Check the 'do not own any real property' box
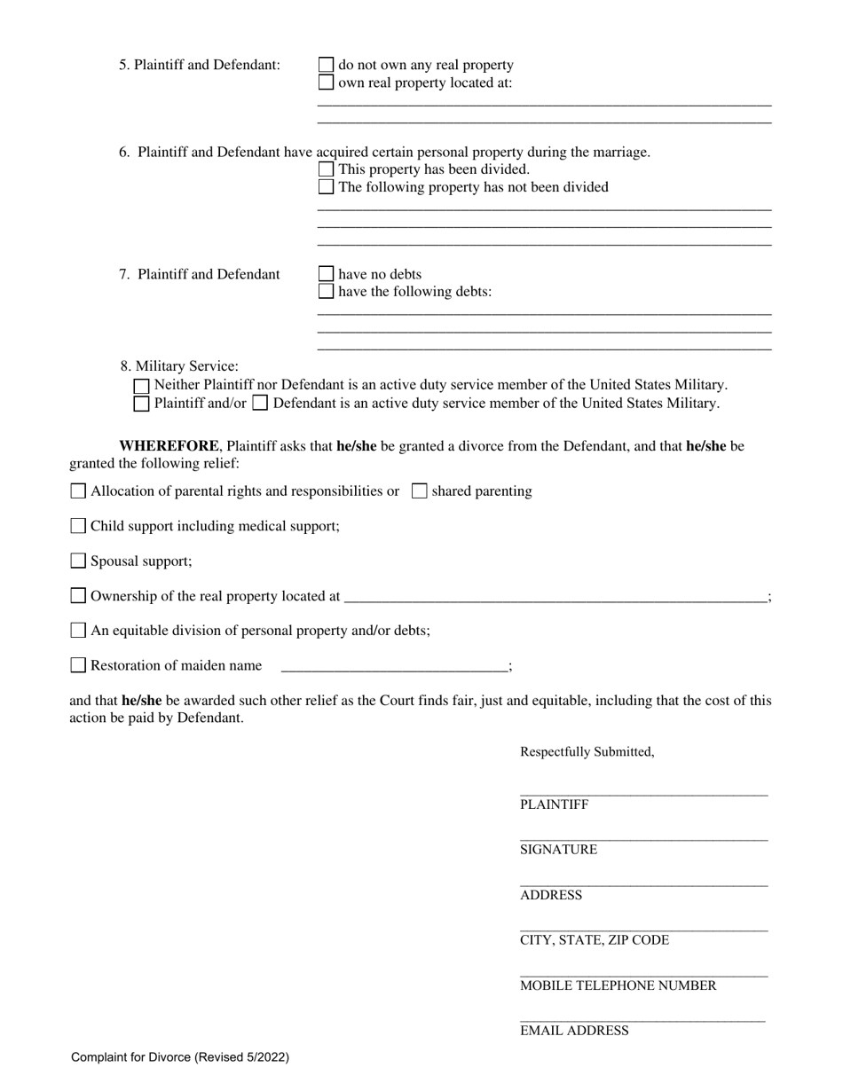point(326,65)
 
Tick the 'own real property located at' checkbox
point(326,82)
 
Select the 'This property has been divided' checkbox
point(326,169)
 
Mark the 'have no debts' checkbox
point(326,274)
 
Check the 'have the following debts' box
point(326,291)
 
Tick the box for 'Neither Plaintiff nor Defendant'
point(141,386)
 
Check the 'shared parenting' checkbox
point(420,491)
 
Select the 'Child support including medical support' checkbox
point(78,526)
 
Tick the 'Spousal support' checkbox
point(78,561)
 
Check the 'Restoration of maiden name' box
point(78,665)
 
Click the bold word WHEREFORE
point(169,446)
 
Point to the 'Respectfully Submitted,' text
point(587,752)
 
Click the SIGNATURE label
point(558,850)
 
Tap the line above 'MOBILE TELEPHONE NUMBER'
point(643,976)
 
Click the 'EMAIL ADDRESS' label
point(574,1031)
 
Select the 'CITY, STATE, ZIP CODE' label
point(594,940)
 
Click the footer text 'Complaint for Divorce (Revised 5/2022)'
point(180,1057)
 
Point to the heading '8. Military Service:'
point(179,366)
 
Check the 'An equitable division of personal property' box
point(78,631)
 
